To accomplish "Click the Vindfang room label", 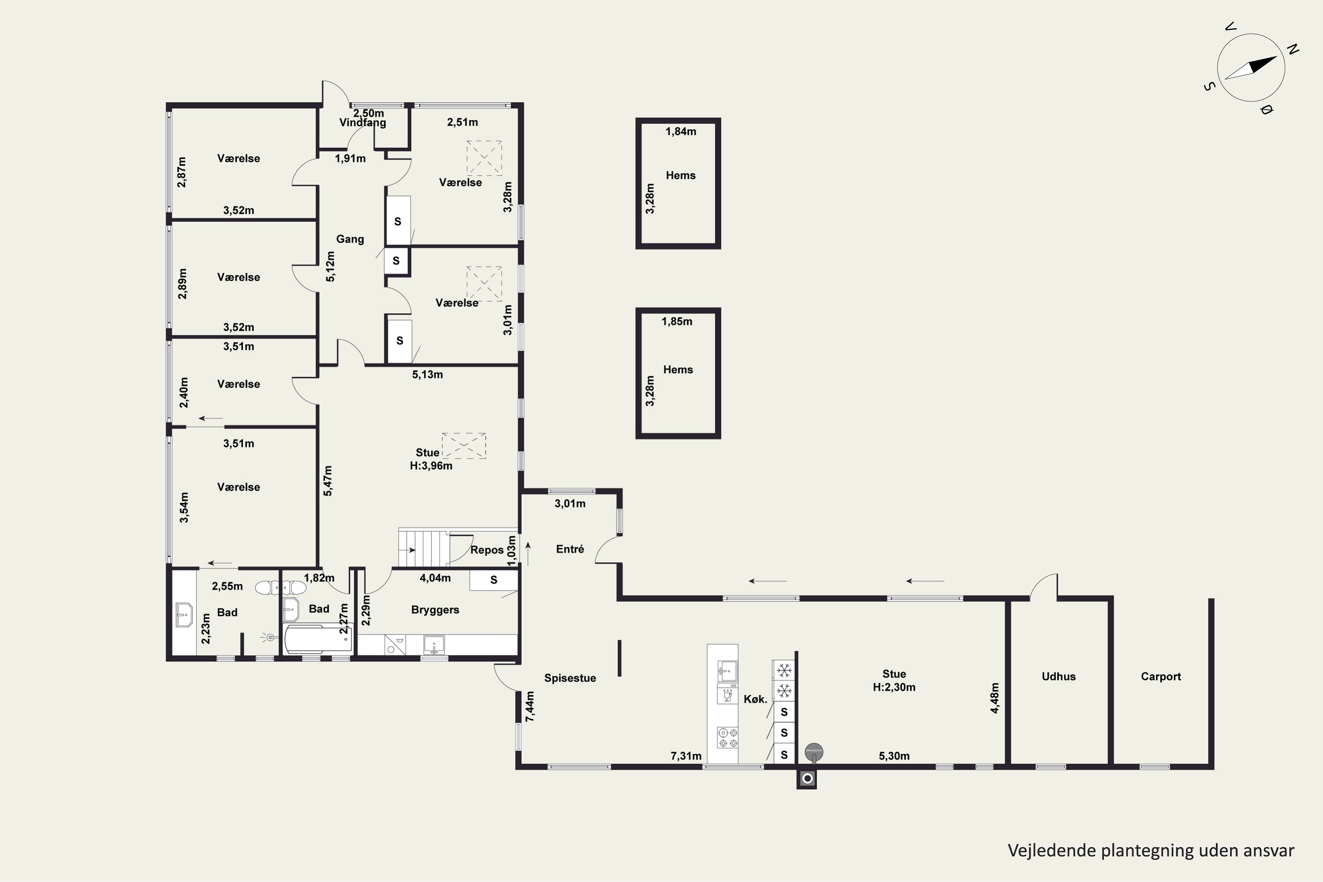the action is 363,123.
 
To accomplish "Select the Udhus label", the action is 1059,676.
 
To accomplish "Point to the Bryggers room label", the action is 435,610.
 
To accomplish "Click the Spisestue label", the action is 570,678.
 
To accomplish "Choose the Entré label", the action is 570,549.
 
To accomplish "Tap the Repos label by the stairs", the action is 486,550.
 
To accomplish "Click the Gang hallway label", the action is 350,239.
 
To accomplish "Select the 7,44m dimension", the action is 530,706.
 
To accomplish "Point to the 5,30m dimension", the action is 894,756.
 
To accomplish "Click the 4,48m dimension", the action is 994,698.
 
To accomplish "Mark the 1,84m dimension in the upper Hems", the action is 680,131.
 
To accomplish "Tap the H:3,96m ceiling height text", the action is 431,466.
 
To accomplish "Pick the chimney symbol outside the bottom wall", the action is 807,778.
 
